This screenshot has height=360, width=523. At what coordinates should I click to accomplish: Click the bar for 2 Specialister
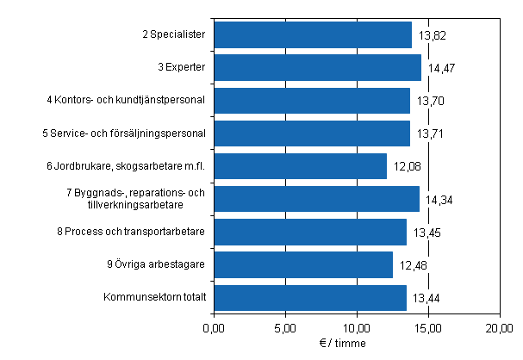pyautogui.click(x=312, y=34)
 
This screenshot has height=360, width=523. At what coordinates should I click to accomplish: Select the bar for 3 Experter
pyautogui.click(x=317, y=67)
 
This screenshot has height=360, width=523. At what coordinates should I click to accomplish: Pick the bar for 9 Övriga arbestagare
pyautogui.click(x=302, y=264)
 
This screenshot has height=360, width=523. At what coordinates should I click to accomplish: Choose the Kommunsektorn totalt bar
pyautogui.click(x=309, y=297)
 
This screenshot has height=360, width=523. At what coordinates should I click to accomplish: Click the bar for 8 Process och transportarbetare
pyautogui.click(x=309, y=232)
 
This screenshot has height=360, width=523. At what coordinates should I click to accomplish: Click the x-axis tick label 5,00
pyautogui.click(x=285, y=328)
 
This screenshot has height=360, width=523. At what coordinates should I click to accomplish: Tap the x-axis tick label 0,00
pyautogui.click(x=214, y=328)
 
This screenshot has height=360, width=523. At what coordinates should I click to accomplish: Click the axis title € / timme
pyautogui.click(x=355, y=343)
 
